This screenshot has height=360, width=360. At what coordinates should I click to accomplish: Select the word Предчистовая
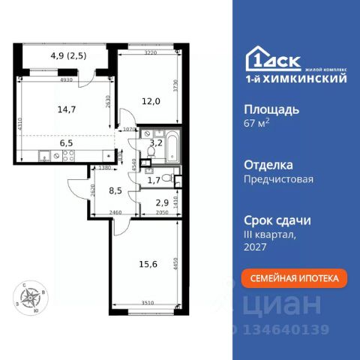tap(278, 179)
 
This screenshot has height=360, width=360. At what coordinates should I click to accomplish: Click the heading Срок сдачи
tap(277, 220)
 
